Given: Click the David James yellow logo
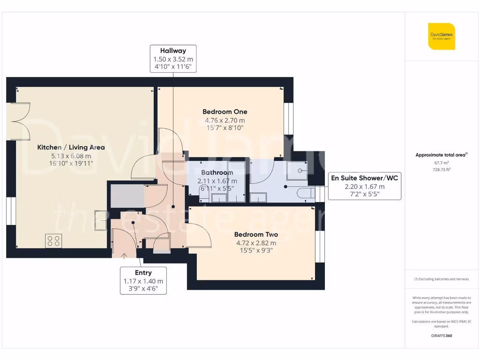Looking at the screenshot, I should tap(441, 36).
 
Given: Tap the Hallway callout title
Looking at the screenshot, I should tap(173, 51).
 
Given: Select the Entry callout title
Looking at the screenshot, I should tap(143, 272).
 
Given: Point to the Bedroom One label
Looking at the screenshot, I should tap(225, 112).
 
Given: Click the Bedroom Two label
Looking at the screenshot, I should tap(256, 234).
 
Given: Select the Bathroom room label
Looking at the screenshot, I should tap(217, 172).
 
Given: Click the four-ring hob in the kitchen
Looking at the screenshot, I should tap(54, 241).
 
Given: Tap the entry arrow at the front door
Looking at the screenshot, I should tap(124, 255).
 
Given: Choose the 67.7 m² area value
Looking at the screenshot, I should tap(441, 164).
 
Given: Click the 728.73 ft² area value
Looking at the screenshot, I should tap(441, 170).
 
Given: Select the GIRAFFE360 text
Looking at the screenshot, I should tap(441, 336).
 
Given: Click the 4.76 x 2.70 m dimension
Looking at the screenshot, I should tap(225, 120).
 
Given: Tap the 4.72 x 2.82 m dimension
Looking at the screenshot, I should tap(256, 243).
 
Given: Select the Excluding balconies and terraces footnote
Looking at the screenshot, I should tap(441, 279).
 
